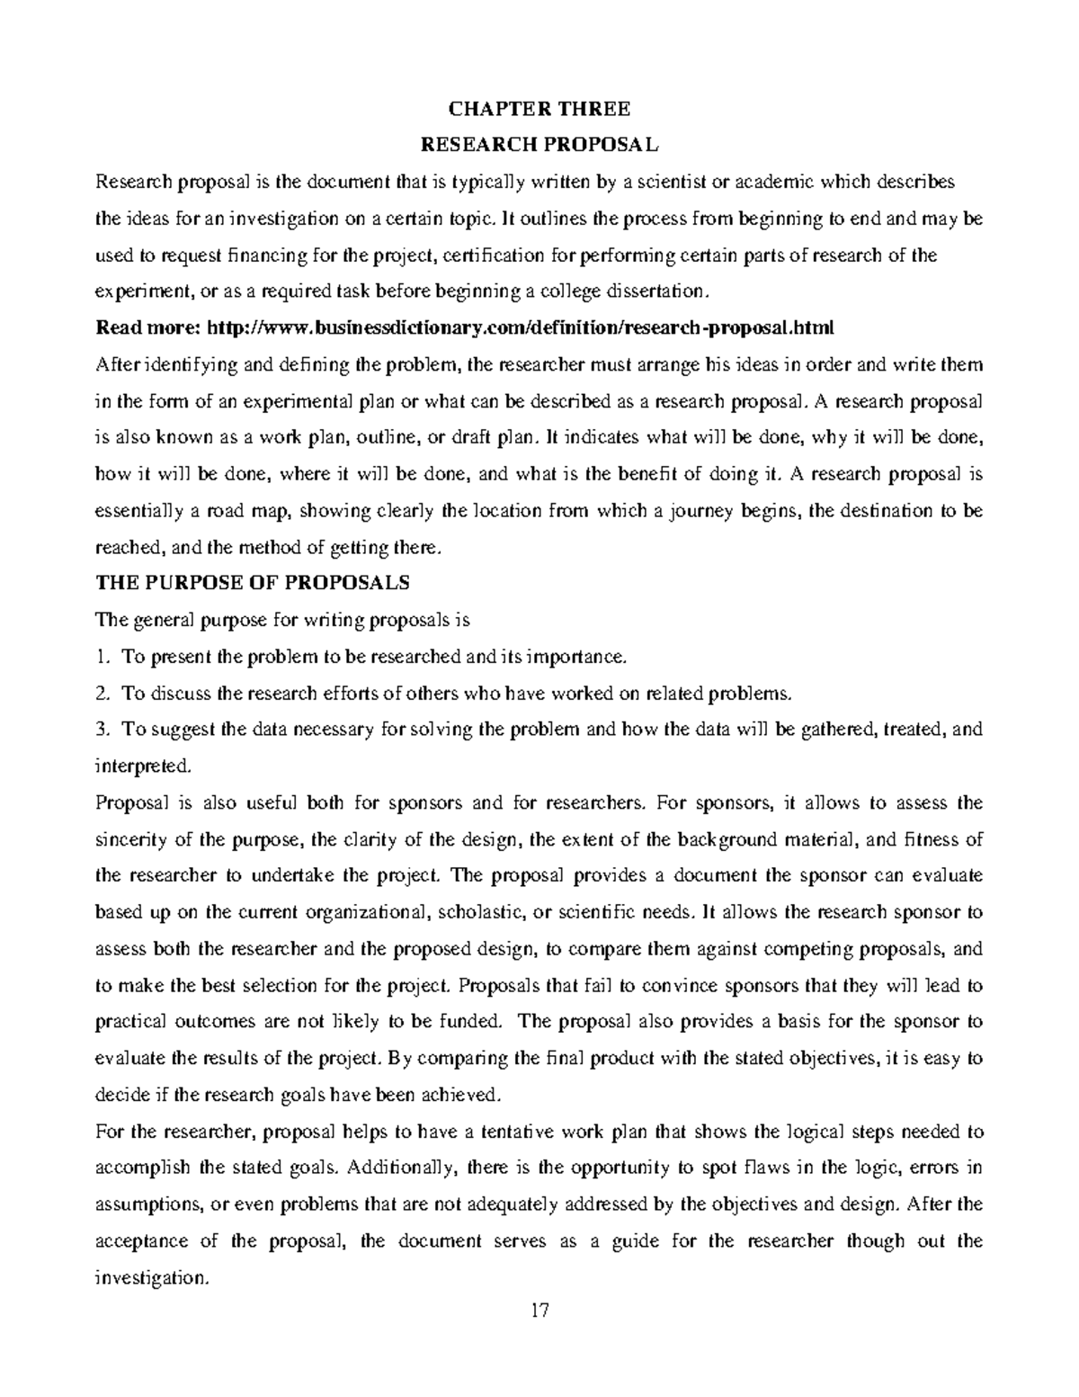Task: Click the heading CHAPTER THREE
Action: pos(539,110)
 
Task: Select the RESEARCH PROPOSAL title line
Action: pos(539,145)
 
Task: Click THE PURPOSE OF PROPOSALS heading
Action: pos(253,582)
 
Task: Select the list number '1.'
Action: pos(102,657)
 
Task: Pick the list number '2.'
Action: pos(102,693)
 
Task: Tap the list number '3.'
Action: pos(102,730)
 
